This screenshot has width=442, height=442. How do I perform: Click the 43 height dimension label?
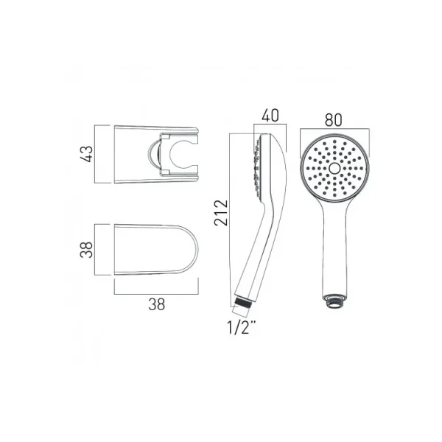(x=88, y=154)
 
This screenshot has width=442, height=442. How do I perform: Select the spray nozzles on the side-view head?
(x=257, y=166)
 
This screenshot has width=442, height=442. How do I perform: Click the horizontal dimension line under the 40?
(x=270, y=127)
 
